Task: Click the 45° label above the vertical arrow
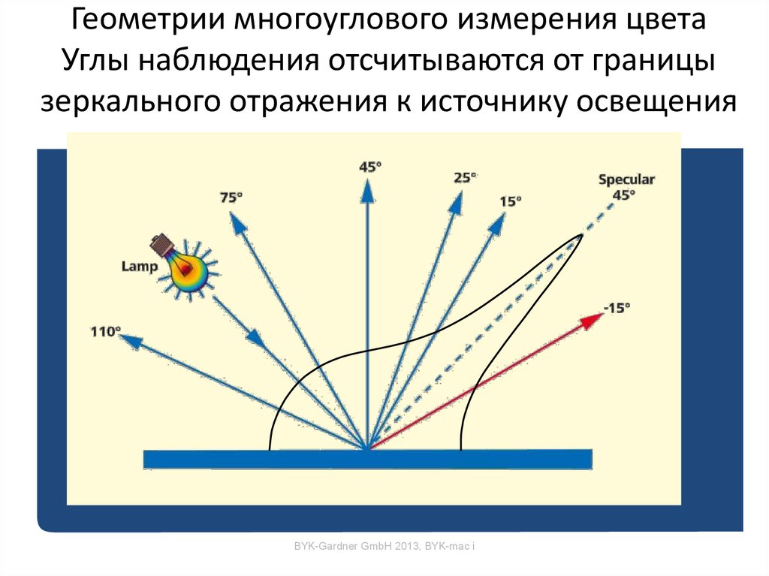pyautogui.click(x=368, y=167)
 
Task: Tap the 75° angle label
pyautogui.click(x=231, y=198)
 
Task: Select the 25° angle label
pyautogui.click(x=465, y=178)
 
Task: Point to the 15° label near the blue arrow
pyautogui.click(x=510, y=201)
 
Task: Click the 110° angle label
pyautogui.click(x=106, y=330)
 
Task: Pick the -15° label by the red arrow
pyautogui.click(x=617, y=307)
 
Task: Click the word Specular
pyautogui.click(x=626, y=180)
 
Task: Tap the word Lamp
pyautogui.click(x=140, y=267)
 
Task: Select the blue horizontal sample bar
pyautogui.click(x=368, y=459)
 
